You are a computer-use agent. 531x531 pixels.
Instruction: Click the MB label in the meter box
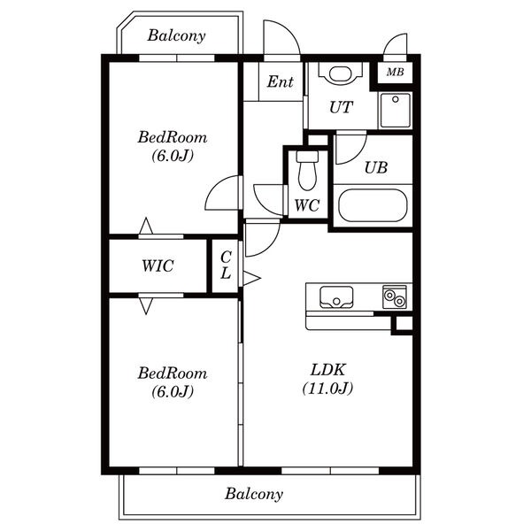tap(395, 72)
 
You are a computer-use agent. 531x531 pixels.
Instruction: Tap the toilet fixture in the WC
tap(307, 170)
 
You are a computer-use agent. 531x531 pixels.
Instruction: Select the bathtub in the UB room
tap(373, 205)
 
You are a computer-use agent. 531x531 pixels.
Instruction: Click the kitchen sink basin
tap(336, 297)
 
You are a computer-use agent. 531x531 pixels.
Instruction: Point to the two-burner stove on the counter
tap(395, 297)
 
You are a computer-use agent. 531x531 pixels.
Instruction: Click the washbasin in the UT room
tap(341, 73)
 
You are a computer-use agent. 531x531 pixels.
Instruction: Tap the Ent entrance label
tap(280, 81)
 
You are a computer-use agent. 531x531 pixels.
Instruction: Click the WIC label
tap(158, 265)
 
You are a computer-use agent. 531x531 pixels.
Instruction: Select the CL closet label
tap(226, 265)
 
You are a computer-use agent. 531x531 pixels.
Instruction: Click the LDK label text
tap(327, 369)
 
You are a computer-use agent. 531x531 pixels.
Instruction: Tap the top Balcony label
tap(176, 35)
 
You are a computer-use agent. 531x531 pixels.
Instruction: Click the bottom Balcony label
tap(254, 494)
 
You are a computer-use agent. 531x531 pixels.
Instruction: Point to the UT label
tap(341, 107)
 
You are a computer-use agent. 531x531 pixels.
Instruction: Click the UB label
tap(376, 167)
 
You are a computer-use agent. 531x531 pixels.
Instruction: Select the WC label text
tap(307, 205)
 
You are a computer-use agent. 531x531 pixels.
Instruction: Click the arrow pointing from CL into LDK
tap(252, 278)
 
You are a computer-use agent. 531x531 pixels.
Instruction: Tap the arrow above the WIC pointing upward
tap(146, 226)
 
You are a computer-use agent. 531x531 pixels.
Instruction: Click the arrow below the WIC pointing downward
tap(146, 306)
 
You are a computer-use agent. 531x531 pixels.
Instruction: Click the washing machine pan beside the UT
tap(395, 111)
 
